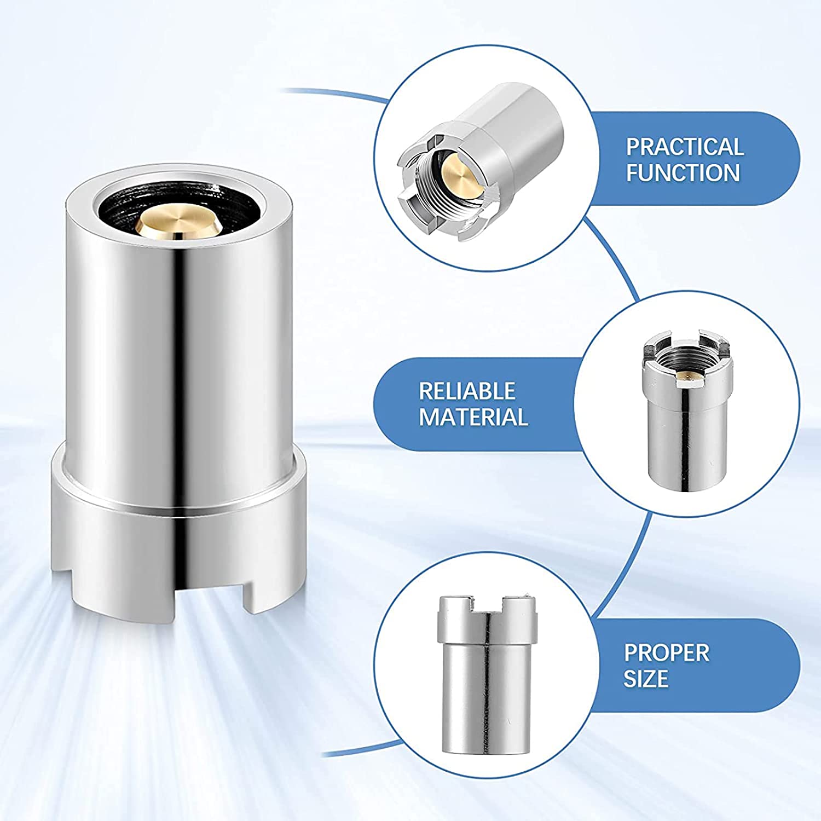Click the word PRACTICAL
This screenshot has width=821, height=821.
point(685,147)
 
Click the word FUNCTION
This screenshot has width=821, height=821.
point(683,173)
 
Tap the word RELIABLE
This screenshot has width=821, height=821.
point(467,391)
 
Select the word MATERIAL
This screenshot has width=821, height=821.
point(473,417)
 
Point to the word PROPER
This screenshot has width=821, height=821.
point(667,652)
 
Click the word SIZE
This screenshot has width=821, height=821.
point(646,679)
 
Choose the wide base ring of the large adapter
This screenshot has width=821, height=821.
point(178,520)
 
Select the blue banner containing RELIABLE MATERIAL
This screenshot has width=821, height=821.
point(482,404)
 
